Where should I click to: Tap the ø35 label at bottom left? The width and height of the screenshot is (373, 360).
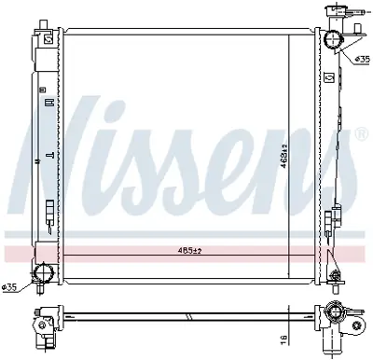click(11, 286)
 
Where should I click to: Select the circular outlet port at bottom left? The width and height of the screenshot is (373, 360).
click(41, 274)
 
